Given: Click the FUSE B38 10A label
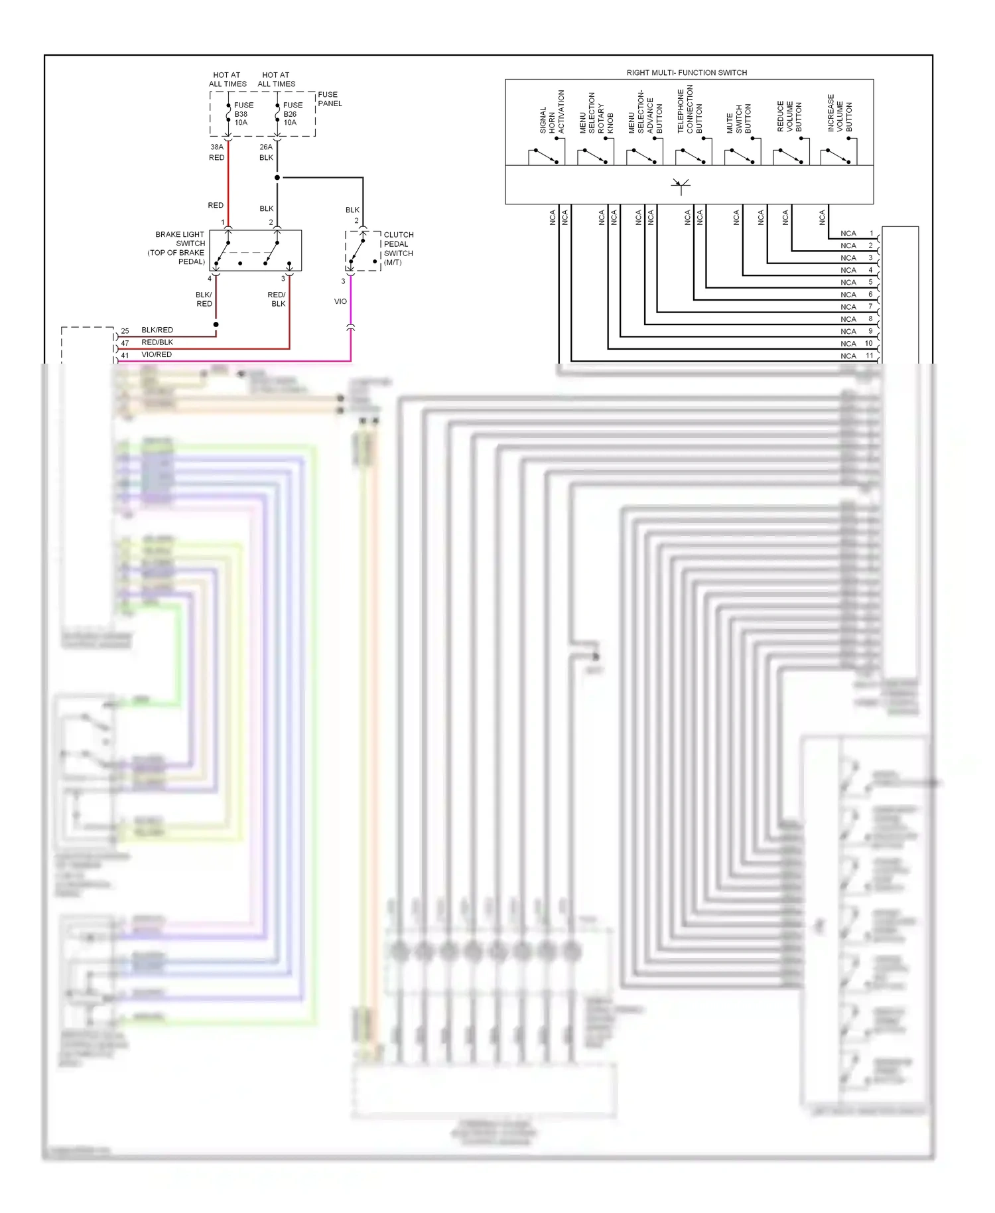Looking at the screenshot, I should tap(243, 113).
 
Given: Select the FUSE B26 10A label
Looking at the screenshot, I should tap(292, 113).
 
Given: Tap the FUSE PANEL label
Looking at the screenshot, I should tap(330, 99).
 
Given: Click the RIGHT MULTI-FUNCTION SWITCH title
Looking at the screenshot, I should tap(687, 72).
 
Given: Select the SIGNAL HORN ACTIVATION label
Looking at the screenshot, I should tap(552, 113).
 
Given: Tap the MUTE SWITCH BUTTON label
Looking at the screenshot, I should tap(738, 119).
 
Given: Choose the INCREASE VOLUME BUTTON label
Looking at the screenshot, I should tap(839, 113).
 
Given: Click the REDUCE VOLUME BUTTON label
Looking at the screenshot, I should tap(789, 116).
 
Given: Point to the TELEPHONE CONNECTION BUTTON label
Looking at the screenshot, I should tap(689, 111).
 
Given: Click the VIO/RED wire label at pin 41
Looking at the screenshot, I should tap(157, 354).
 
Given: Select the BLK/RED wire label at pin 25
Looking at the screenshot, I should tap(157, 330).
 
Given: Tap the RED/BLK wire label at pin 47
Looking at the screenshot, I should tap(157, 342).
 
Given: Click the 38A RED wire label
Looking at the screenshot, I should tap(217, 152).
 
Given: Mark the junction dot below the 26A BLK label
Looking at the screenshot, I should tap(277, 178).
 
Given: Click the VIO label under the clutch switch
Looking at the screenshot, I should tap(340, 301).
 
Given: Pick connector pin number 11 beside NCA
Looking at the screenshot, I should tap(869, 356).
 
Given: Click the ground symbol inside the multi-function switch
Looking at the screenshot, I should tap(681, 185).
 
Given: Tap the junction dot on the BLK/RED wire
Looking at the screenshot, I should tap(216, 324).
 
